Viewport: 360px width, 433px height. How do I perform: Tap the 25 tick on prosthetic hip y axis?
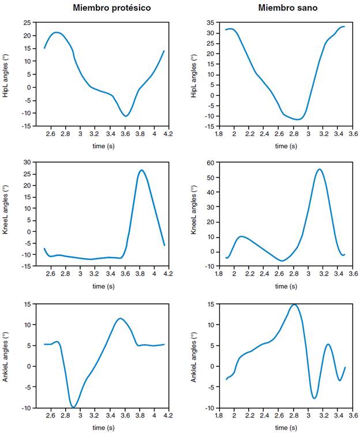(x=27, y=22)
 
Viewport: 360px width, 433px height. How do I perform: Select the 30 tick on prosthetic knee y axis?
(x=27, y=163)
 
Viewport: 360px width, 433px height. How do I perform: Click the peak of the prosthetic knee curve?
(x=141, y=170)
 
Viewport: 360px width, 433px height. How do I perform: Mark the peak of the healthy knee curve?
(x=319, y=170)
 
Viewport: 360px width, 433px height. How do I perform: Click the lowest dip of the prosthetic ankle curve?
(x=73, y=407)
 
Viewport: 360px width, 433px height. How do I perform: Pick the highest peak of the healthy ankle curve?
(x=294, y=304)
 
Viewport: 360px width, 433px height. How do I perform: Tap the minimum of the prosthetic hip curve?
(x=126, y=116)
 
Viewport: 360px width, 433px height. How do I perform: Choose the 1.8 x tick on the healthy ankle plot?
(x=219, y=415)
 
